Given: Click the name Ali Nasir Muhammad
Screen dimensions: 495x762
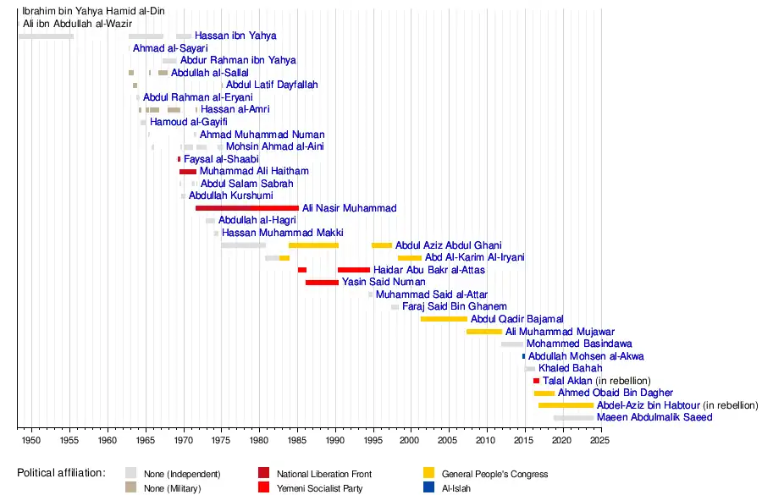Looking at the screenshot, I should [349, 208].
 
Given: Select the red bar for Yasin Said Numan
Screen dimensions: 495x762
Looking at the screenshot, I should [322, 282].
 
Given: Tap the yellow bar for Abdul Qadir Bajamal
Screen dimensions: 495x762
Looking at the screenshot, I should [444, 319].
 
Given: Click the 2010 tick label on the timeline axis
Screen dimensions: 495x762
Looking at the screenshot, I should [486, 441].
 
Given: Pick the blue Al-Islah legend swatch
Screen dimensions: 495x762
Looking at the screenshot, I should [429, 487].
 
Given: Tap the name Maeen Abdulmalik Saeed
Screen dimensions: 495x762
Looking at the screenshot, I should [654, 417].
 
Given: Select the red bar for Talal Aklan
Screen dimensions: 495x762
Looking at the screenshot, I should [536, 381].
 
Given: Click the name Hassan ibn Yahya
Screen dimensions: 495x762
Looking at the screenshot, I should [235, 36].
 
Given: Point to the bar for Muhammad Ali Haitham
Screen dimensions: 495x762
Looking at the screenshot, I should [187, 171].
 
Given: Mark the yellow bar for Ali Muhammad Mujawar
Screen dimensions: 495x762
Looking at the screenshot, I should [483, 332].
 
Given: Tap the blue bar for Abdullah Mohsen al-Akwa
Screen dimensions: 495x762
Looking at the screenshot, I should [523, 356].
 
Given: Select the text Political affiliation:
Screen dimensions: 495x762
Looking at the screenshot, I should [61, 473].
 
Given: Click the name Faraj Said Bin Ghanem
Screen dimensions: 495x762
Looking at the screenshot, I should [455, 306].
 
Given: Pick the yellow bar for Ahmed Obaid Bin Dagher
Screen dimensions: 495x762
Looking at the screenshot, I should [544, 393].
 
